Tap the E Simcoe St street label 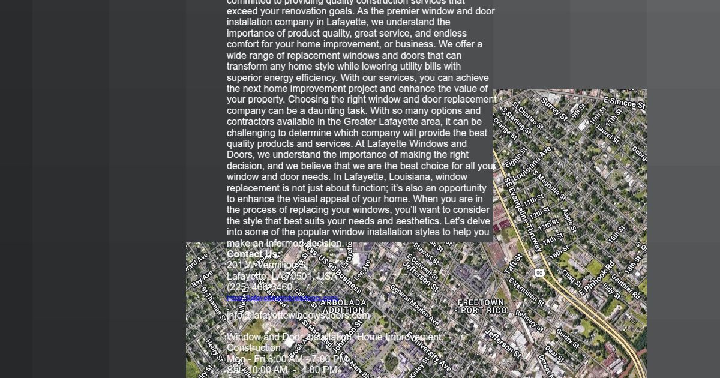click(x=625, y=103)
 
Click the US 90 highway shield click(x=539, y=272)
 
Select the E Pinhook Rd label click(x=597, y=278)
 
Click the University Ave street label click(x=428, y=352)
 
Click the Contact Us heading click(x=253, y=254)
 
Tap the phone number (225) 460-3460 click(x=259, y=287)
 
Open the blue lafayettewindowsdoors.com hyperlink click(x=282, y=298)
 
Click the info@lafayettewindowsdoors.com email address click(x=298, y=315)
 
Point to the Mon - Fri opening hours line click(x=287, y=359)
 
